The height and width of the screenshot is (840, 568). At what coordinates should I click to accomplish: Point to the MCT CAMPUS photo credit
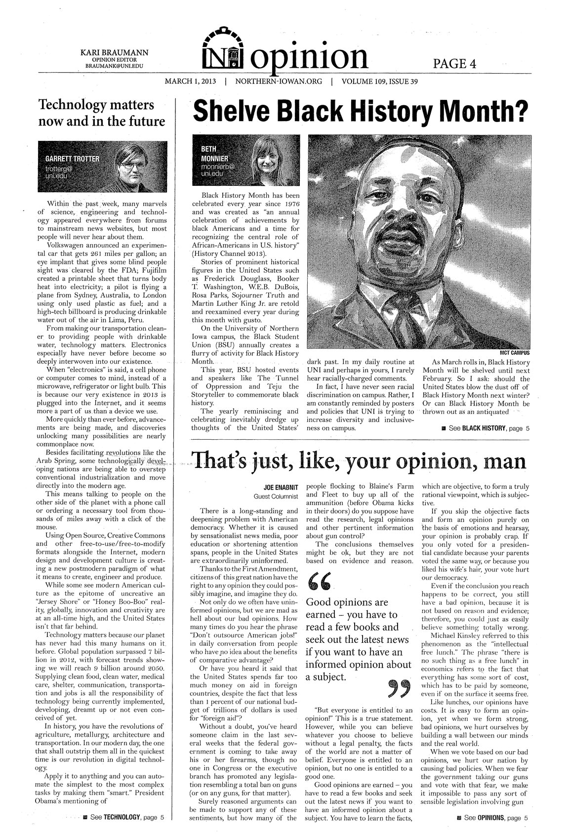(x=514, y=353)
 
